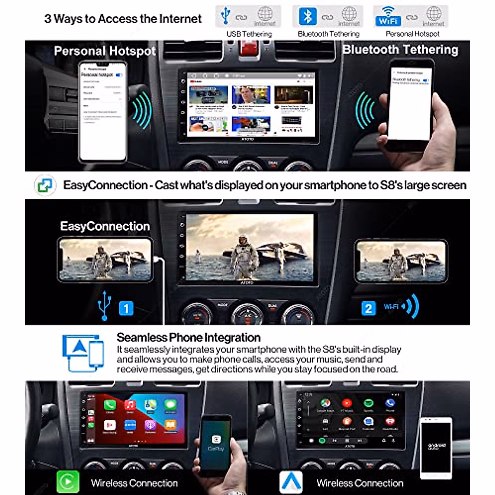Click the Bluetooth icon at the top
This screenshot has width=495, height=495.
307,16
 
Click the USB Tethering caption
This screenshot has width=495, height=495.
249,34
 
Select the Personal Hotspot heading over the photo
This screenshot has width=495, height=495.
105,51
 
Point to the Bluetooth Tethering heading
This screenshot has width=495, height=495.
400,49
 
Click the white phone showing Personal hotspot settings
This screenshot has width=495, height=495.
103,111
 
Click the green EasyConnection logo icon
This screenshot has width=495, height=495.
45,185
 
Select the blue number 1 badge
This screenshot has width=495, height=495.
126,308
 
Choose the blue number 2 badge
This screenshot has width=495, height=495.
368,308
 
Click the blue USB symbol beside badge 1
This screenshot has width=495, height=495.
104,306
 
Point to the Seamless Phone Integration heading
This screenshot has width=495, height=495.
189,337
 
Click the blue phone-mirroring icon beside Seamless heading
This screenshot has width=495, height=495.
83,353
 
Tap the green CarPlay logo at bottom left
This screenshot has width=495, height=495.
67,481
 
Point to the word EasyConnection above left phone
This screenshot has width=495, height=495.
105,226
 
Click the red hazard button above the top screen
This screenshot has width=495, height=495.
249,49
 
